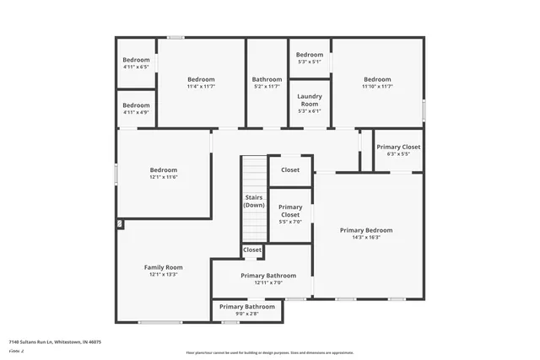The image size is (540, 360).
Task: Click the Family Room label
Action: coord(164,267)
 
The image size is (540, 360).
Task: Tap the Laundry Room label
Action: coord(310,99)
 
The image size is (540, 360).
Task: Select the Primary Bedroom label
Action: coord(366,230)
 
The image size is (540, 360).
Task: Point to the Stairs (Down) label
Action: coord(254,201)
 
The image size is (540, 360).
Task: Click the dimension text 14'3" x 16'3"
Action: coord(366,238)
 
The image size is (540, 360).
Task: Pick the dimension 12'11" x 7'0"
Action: coord(268,283)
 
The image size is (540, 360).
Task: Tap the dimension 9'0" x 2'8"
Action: coord(247,314)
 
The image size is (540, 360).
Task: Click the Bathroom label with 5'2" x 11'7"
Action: coord(267,79)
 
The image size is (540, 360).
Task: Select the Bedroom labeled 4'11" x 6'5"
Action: coord(136,60)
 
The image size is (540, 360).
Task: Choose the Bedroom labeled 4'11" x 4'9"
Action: coord(136,105)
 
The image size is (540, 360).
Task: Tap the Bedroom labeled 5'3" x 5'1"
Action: coord(310,55)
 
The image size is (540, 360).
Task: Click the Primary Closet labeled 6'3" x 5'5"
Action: coord(398,147)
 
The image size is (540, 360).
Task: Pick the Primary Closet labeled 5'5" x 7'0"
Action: coord(290,211)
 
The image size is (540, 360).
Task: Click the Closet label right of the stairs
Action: coord(290,169)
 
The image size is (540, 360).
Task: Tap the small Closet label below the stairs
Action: coord(252,250)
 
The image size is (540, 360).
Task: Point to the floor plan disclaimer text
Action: coord(270,352)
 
